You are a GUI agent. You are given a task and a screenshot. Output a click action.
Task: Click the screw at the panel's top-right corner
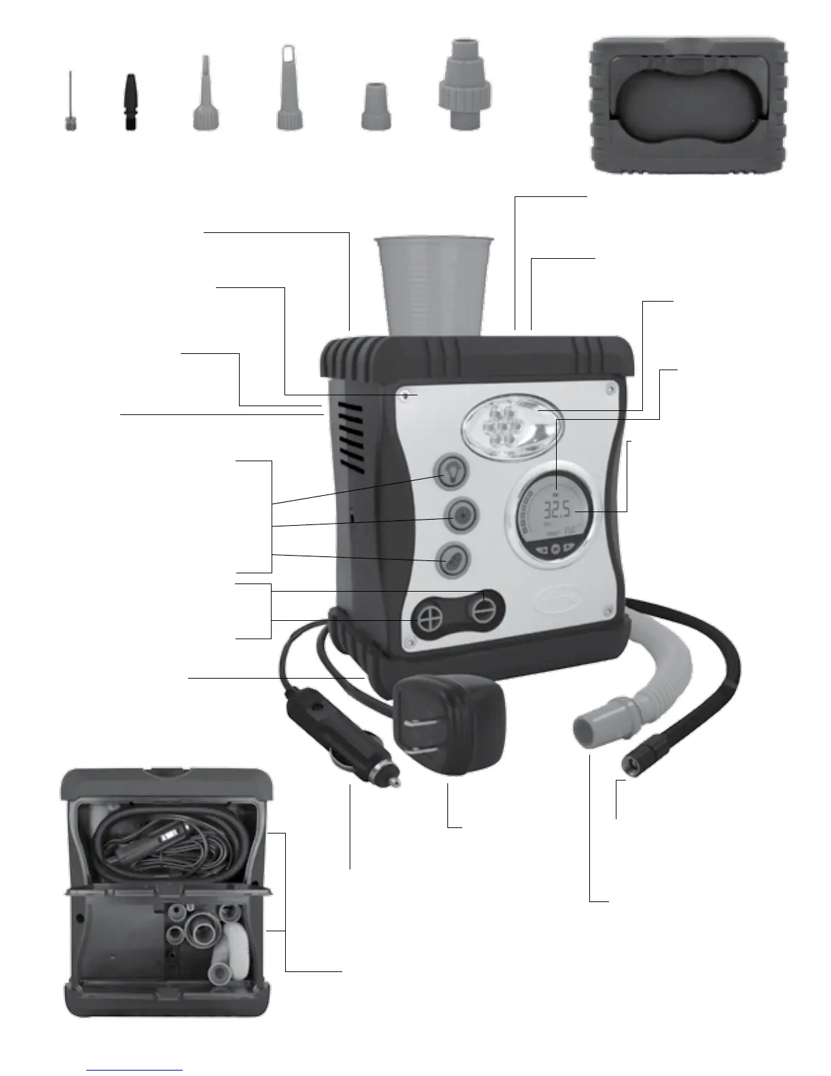point(611,388)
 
